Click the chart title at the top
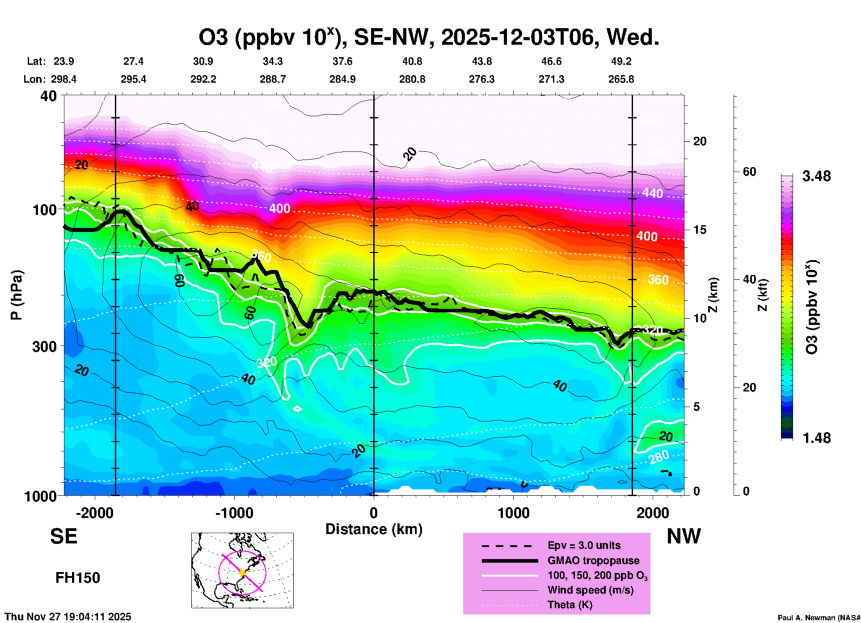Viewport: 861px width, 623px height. tap(429, 38)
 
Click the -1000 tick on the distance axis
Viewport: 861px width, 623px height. tap(234, 513)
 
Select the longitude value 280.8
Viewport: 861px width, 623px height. tap(412, 80)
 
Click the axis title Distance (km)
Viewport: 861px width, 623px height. tap(374, 529)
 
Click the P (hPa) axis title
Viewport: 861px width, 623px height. tap(17, 295)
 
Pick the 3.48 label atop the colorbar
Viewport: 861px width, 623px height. tap(816, 177)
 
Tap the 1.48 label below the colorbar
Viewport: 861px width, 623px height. tap(816, 438)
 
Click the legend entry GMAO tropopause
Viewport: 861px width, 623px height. tap(593, 560)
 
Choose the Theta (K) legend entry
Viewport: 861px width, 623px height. tap(570, 605)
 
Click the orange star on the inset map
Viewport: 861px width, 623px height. tap(243, 572)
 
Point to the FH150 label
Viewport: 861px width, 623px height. tap(77, 578)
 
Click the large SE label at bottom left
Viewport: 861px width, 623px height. tap(63, 536)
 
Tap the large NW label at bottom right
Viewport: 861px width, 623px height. tap(684, 536)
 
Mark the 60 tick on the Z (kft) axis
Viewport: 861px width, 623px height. tap(749, 172)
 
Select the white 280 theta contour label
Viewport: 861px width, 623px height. tap(659, 457)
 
